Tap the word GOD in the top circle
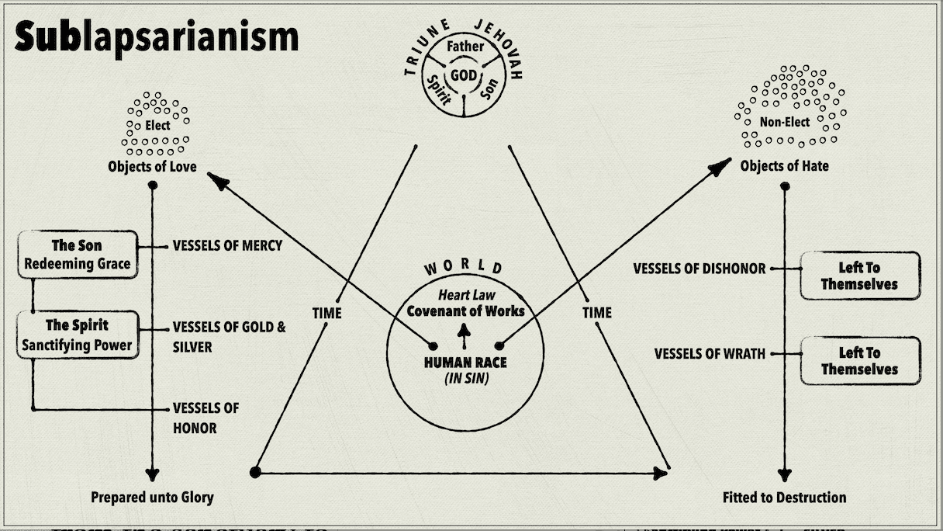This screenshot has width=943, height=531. pos(465,75)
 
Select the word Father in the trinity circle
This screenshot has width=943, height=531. pos(465,47)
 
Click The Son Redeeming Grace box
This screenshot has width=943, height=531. pos(78,255)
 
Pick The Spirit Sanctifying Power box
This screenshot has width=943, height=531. pos(78,335)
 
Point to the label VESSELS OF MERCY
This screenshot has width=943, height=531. pos(227,246)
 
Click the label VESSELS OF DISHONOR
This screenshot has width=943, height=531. pos(699,269)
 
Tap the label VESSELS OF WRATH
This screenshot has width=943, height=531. pos(710,354)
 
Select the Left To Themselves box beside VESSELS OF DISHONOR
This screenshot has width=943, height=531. pos(859,276)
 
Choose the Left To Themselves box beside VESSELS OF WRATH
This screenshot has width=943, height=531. pos(859,361)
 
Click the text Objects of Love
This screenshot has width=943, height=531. pos(152,167)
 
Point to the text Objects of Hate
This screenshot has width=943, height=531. pos(784,166)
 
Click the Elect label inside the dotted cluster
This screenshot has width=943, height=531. pos(157,125)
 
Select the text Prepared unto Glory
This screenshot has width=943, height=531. pos(152,497)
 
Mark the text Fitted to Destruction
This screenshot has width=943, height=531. pos(784,497)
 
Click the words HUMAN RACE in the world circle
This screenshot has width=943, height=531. pos(465,363)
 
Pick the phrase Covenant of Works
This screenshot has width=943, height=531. pos(465,311)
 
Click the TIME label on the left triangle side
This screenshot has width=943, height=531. pos(326,313)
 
